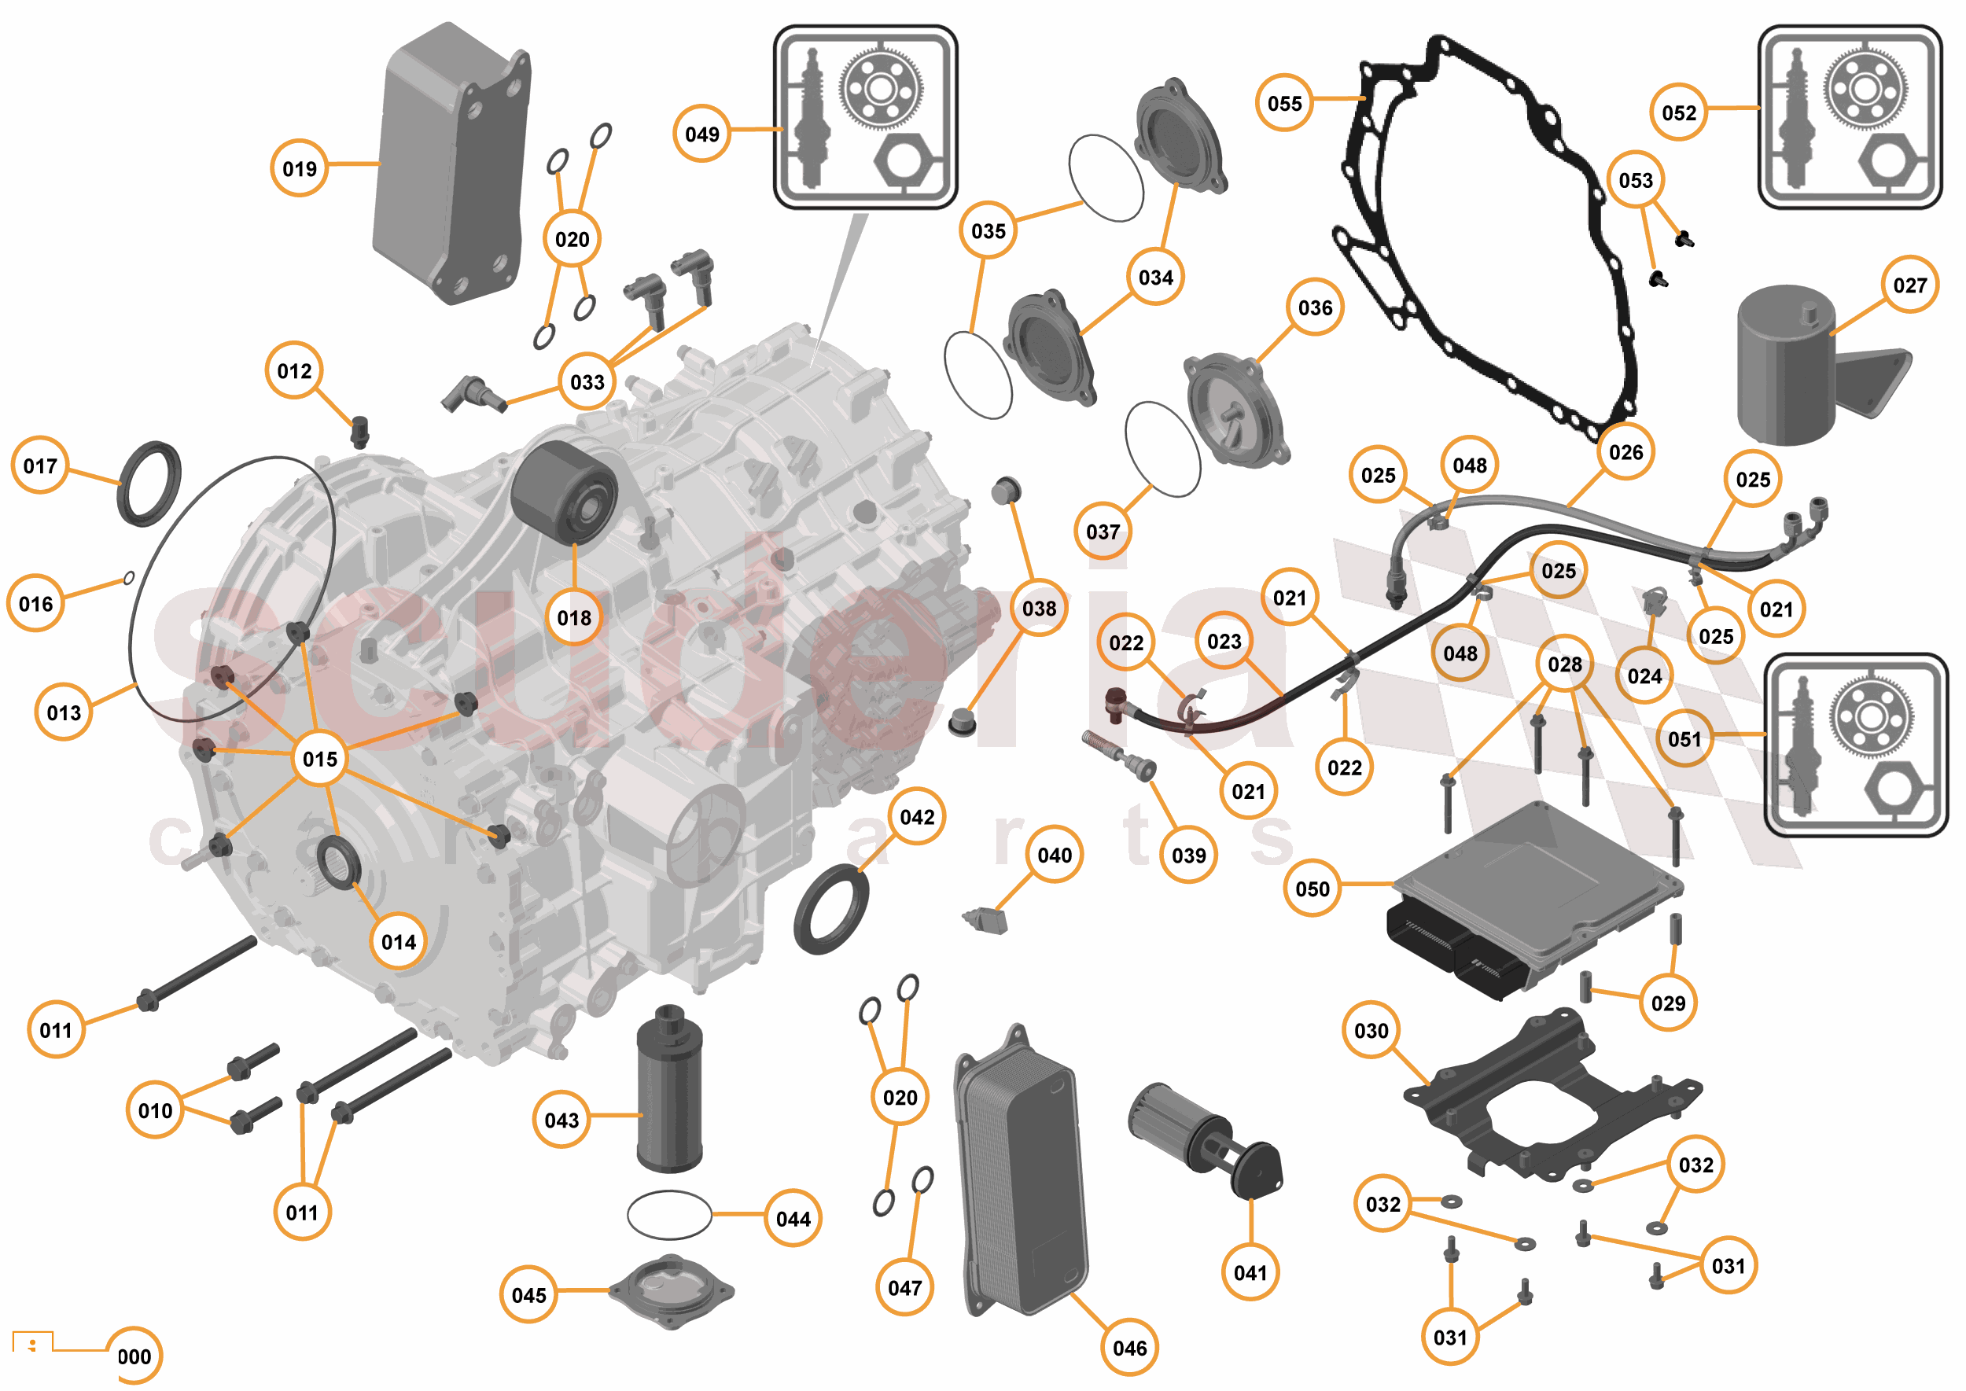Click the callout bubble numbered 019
click(x=299, y=168)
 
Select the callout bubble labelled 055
click(x=1284, y=103)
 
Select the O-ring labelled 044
click(x=669, y=1215)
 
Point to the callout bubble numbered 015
click(x=319, y=758)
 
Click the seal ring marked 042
click(x=830, y=910)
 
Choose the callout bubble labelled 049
click(x=701, y=134)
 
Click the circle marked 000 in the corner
click(x=134, y=1356)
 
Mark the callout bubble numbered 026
click(x=1625, y=451)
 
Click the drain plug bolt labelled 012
click(x=360, y=432)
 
